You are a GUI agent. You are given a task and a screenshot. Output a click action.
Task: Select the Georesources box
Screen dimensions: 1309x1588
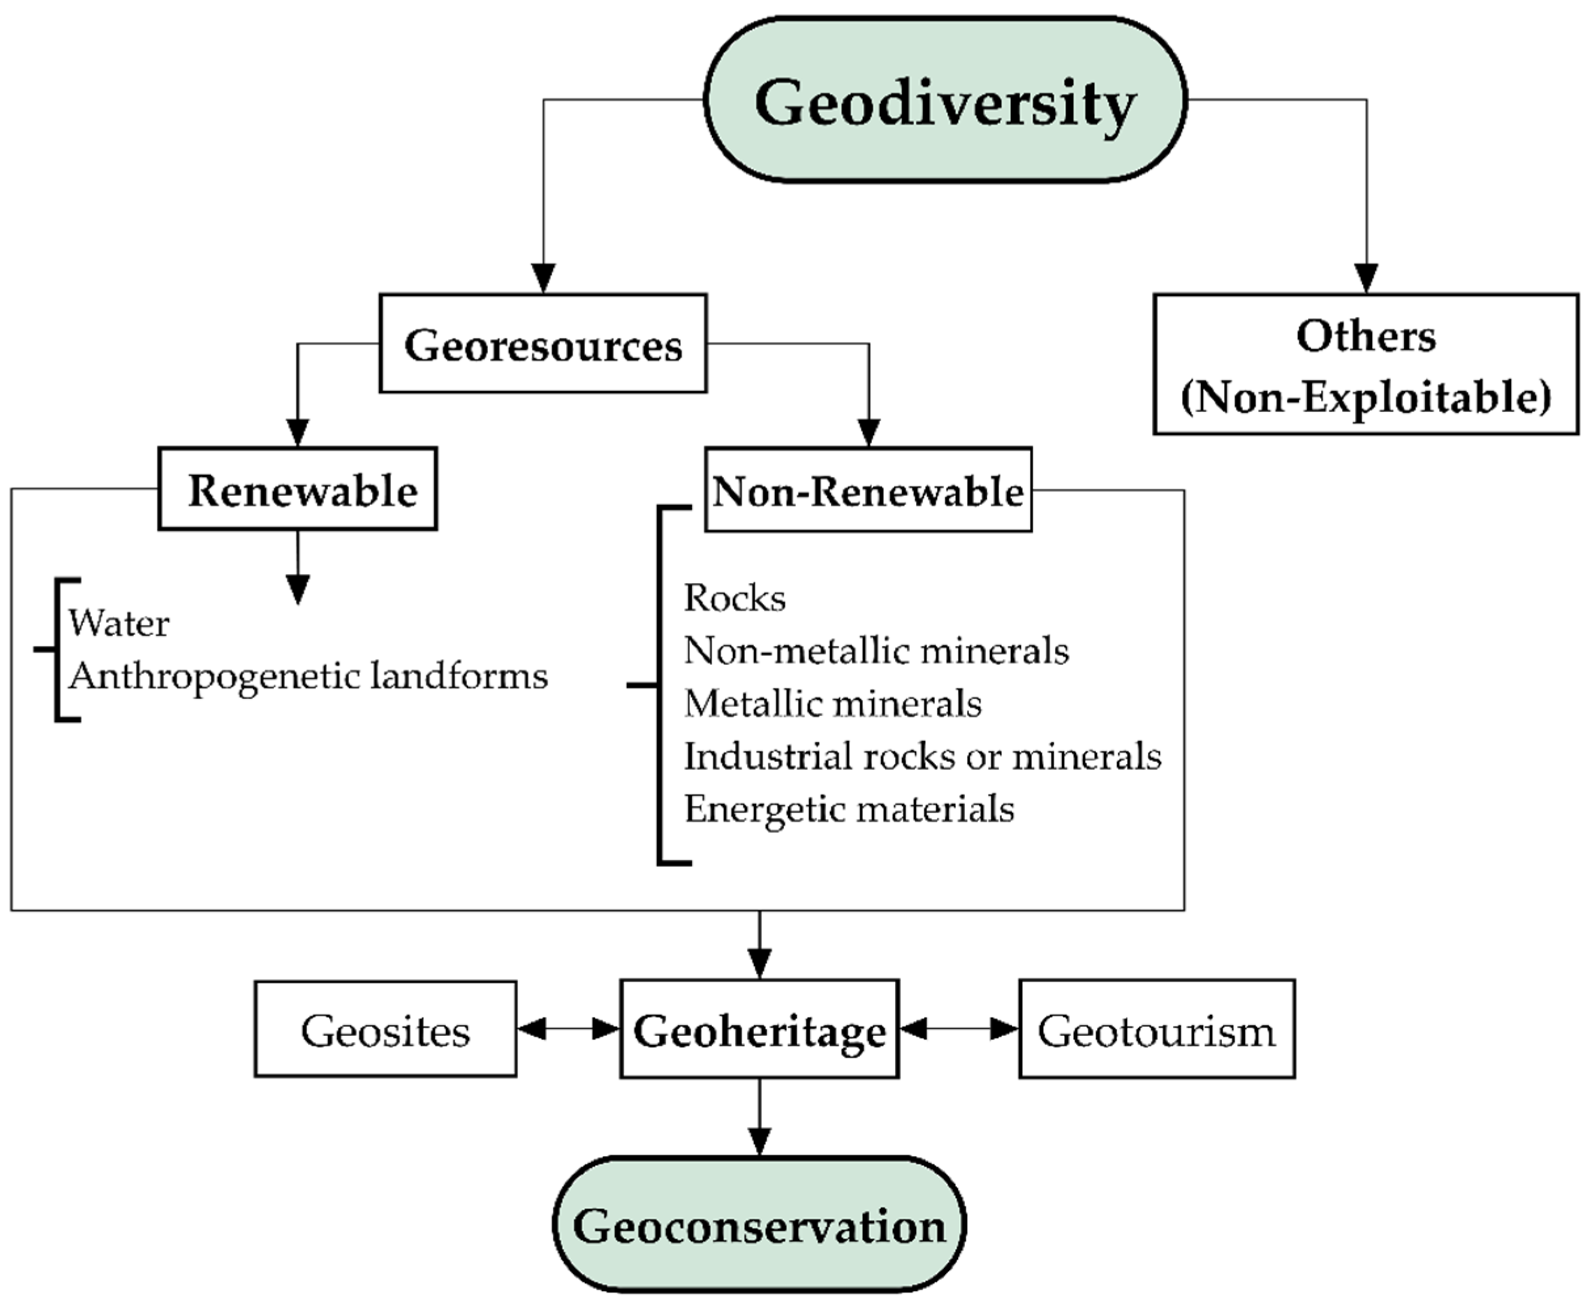(x=543, y=344)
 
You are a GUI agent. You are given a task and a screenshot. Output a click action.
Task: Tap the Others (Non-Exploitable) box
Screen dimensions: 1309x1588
(x=1365, y=365)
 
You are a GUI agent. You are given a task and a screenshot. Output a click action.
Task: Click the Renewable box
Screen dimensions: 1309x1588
(x=298, y=490)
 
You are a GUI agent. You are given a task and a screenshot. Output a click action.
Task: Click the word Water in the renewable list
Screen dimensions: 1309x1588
(x=119, y=624)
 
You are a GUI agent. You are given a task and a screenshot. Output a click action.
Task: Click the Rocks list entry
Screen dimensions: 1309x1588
(x=734, y=598)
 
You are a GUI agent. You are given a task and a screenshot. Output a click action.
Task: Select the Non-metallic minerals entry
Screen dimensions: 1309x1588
(x=876, y=650)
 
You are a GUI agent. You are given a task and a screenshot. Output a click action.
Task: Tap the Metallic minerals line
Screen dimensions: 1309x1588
(x=833, y=704)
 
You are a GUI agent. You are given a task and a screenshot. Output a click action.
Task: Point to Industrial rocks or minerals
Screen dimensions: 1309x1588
(x=922, y=756)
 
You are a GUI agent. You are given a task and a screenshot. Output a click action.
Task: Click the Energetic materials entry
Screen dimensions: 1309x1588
(x=849, y=809)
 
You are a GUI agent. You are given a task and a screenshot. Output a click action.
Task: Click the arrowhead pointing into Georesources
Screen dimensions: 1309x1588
(x=543, y=278)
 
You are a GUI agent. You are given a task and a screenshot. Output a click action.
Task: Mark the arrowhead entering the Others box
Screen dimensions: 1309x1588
(x=1366, y=278)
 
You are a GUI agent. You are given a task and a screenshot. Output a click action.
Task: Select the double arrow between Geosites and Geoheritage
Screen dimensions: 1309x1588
(x=568, y=1029)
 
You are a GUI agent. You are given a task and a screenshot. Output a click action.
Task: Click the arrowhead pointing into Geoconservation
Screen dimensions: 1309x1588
(x=759, y=1140)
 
